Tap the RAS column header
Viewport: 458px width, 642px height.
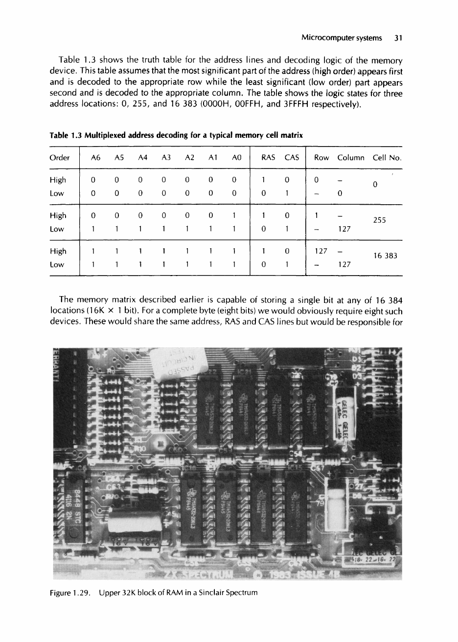267,157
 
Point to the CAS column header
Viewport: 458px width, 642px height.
292,157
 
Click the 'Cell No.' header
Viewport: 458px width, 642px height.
387,157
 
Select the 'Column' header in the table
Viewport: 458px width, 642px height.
350,157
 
